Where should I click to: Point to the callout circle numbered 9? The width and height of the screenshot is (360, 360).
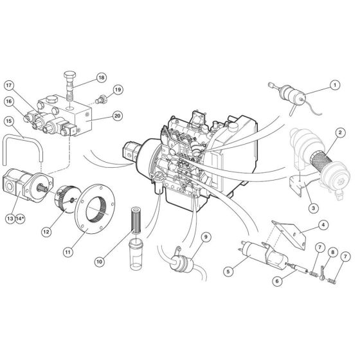(x=206, y=237)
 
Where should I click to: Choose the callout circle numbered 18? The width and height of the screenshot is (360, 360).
(x=101, y=77)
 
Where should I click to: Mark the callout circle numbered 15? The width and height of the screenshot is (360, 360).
(x=10, y=121)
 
